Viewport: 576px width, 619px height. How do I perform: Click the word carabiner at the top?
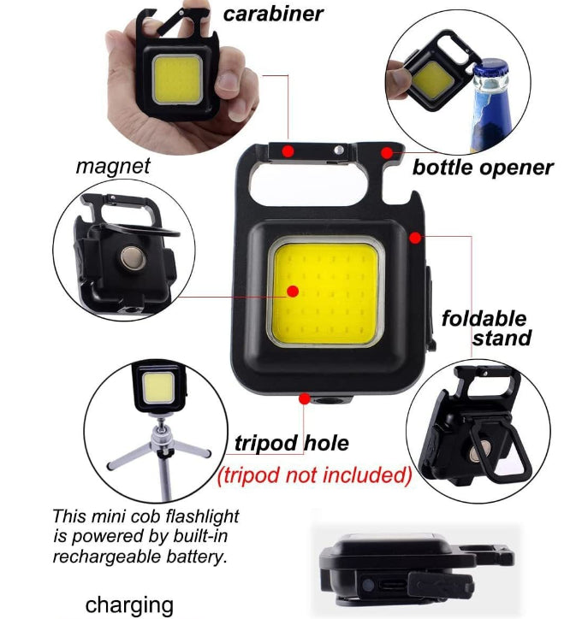tap(273, 14)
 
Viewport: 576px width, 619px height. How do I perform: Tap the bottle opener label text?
tap(483, 168)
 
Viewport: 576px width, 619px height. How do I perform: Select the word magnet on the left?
tap(112, 165)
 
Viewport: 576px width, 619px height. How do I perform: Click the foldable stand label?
tap(485, 328)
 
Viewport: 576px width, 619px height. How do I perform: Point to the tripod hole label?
tap(292, 443)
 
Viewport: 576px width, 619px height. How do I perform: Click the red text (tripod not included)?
tap(315, 474)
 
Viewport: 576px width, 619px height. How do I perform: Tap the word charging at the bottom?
tap(129, 605)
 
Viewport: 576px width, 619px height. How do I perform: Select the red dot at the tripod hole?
tap(305, 398)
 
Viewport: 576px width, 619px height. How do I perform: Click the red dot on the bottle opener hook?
tap(387, 152)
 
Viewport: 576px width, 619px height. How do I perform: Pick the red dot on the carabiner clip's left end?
tap(289, 150)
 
